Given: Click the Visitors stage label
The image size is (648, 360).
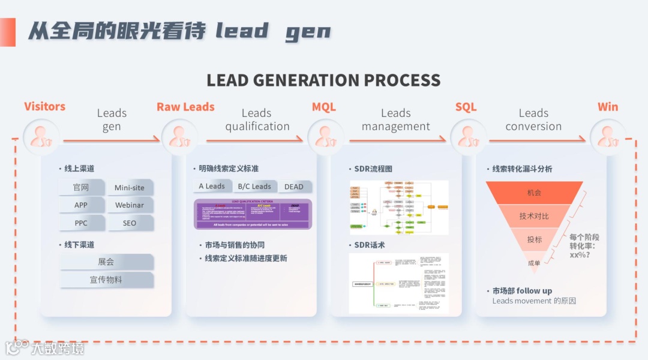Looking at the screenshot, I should (44, 107).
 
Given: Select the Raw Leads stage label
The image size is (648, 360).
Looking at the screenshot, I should (185, 107).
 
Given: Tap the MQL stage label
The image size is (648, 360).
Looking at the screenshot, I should (324, 107).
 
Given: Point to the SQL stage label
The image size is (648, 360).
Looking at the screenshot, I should (466, 107).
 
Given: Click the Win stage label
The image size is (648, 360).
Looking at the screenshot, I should (608, 107).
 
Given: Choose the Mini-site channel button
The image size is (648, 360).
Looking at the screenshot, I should (130, 188).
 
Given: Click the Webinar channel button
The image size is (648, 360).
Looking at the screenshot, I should (130, 205).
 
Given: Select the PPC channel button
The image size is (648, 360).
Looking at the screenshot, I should (81, 223).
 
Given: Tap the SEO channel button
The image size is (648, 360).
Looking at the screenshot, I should (130, 223).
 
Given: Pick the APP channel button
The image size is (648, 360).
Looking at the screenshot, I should (81, 205).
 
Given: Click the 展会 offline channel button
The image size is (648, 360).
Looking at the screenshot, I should (106, 262).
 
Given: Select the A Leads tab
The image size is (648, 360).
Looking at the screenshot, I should (212, 187).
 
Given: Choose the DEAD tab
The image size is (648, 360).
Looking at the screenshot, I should (294, 187).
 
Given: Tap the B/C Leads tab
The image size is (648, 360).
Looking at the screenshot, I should (254, 187).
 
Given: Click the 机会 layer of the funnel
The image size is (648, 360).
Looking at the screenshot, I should (534, 193).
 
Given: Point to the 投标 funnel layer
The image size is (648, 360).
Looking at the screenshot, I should (534, 239).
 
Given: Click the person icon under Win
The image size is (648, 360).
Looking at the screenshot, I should (608, 137).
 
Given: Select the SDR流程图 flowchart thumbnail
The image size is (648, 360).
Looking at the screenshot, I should (398, 208).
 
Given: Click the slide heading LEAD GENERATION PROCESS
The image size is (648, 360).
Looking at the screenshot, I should (324, 80).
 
